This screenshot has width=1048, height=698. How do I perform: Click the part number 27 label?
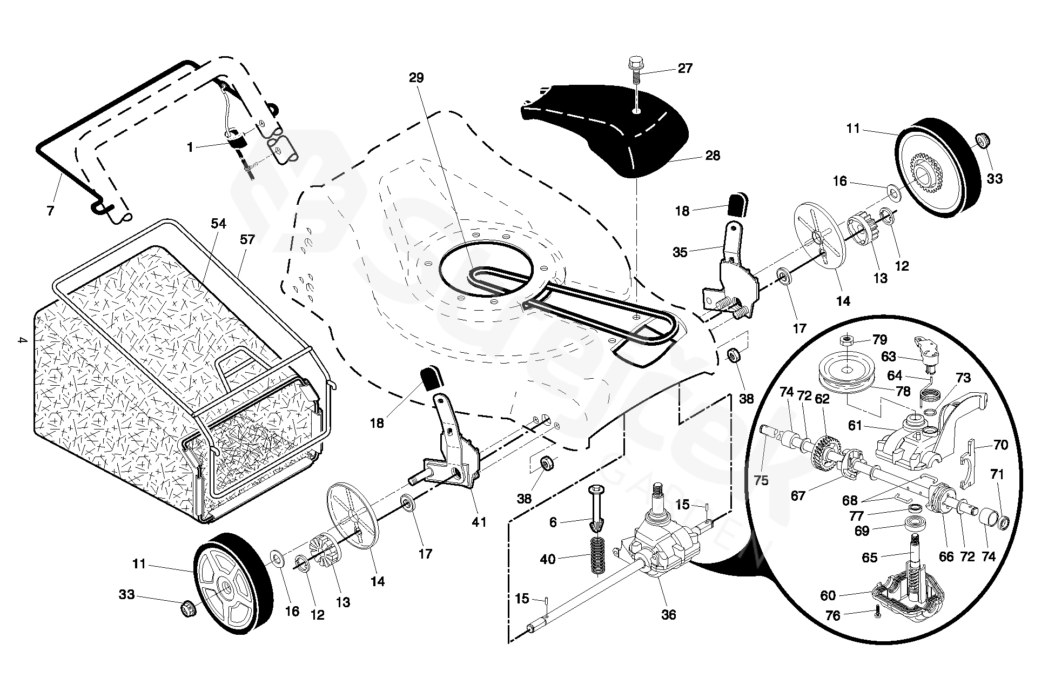(x=685, y=69)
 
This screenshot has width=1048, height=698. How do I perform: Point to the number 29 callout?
(x=416, y=78)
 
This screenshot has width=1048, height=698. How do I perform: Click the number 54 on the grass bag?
(x=218, y=224)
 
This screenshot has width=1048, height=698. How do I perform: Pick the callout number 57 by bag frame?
(x=247, y=239)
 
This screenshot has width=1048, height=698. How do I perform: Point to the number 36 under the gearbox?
(x=668, y=615)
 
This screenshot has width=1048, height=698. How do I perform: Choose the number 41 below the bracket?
(x=479, y=522)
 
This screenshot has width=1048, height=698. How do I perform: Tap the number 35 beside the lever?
(x=680, y=252)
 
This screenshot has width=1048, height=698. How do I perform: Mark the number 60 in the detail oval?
(x=828, y=595)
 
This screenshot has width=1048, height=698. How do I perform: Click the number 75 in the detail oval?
(x=761, y=480)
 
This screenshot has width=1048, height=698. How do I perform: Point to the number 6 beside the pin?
(x=553, y=522)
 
